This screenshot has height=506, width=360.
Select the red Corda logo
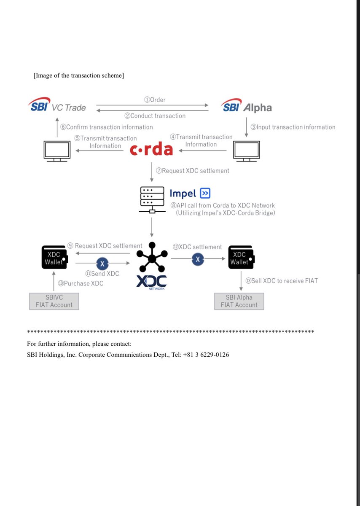(151, 150)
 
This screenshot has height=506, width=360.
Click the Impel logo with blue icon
(190, 193)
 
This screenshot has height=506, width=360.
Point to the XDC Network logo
(151, 266)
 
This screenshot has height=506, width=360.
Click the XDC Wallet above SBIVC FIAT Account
(55, 258)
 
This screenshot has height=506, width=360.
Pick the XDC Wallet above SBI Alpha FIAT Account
(240, 258)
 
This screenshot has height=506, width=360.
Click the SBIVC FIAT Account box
(54, 301)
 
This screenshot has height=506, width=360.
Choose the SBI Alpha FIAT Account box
(239, 301)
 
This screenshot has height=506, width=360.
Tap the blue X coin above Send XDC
(102, 264)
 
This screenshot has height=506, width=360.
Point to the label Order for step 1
(155, 100)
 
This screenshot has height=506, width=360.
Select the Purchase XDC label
(81, 283)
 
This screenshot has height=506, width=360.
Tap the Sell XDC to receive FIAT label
(281, 280)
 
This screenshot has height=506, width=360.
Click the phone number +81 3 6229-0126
(206, 355)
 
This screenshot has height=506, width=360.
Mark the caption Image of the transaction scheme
(78, 75)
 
